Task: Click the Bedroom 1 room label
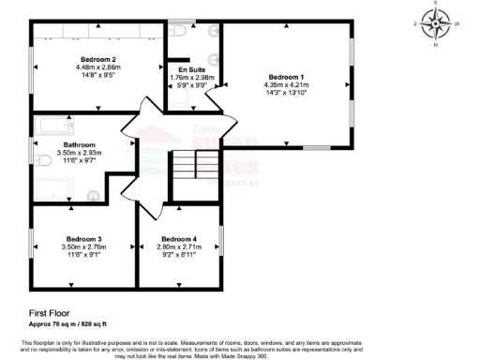coord(287,76)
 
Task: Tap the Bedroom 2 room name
coord(97,59)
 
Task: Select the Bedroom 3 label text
coord(83,238)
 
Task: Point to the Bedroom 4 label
coord(178,238)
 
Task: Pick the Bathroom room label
coord(54,144)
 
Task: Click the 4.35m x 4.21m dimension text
coord(287,84)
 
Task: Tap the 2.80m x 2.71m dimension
coord(178,247)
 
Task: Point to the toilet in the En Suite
coord(177,30)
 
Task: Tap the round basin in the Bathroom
coord(92,195)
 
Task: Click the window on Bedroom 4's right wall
coord(220,240)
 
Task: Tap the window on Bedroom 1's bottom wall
coord(316,148)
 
